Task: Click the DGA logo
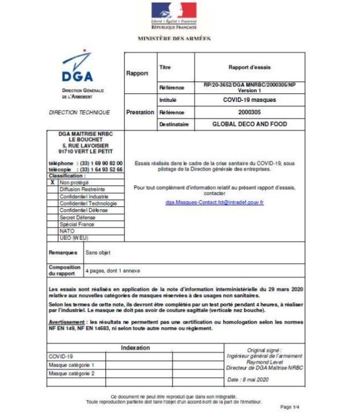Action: click(x=77, y=69)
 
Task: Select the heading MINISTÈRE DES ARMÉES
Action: click(x=174, y=39)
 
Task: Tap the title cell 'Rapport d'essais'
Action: click(x=249, y=67)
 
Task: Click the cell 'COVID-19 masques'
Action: click(x=249, y=100)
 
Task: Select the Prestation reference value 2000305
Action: click(x=249, y=112)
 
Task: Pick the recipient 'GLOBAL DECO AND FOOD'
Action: click(x=249, y=124)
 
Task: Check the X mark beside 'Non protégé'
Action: click(x=52, y=183)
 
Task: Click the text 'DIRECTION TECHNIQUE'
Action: click(x=79, y=112)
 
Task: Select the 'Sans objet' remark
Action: click(x=99, y=252)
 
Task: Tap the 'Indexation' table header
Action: click(x=135, y=348)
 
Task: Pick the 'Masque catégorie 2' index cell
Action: click(x=72, y=373)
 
